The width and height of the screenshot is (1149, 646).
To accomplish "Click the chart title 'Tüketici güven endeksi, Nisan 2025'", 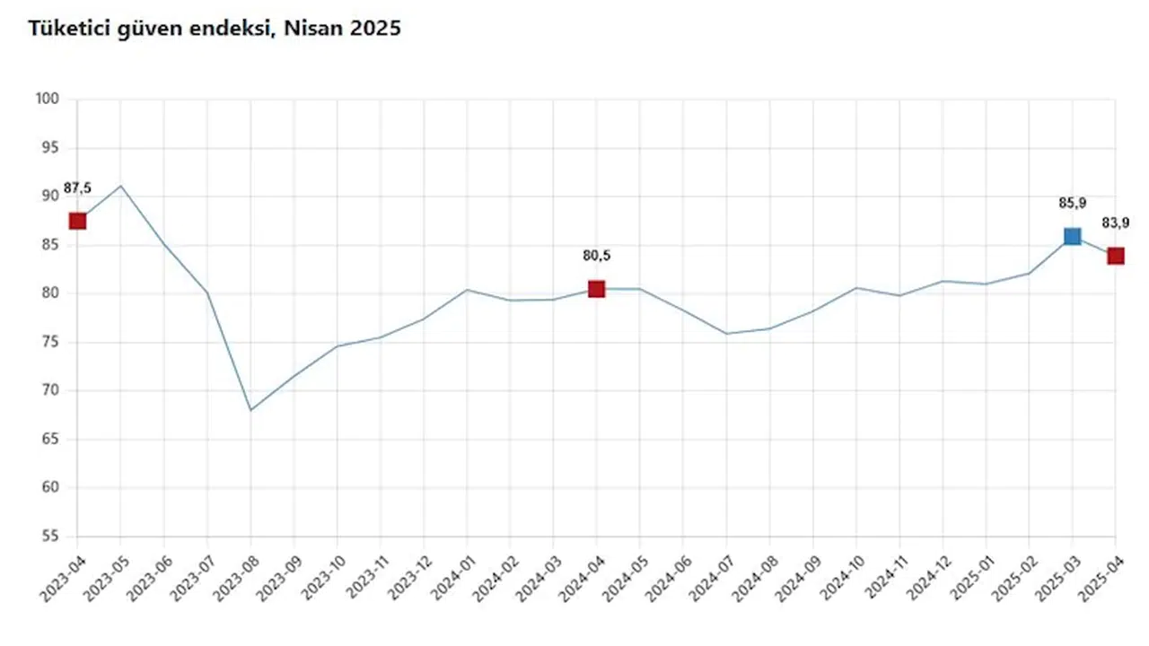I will [215, 29].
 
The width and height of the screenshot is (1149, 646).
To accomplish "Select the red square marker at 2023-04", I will [77, 221].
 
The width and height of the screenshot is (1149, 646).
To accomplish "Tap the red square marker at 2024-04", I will [596, 289].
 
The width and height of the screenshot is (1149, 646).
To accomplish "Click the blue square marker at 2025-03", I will [1072, 236].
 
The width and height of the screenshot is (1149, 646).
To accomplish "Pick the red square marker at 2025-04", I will [1115, 256].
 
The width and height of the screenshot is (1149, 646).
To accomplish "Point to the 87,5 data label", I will [77, 188].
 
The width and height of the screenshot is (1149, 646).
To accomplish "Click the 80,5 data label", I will [596, 256].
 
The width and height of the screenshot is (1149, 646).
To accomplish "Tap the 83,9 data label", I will [1115, 223].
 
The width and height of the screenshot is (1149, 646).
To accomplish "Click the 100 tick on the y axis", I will [48, 99].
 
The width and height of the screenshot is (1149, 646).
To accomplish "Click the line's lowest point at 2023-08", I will [250, 410].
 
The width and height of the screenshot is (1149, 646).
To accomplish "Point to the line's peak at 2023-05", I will [120, 186].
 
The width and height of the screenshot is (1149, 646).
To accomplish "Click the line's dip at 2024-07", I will [726, 334].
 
